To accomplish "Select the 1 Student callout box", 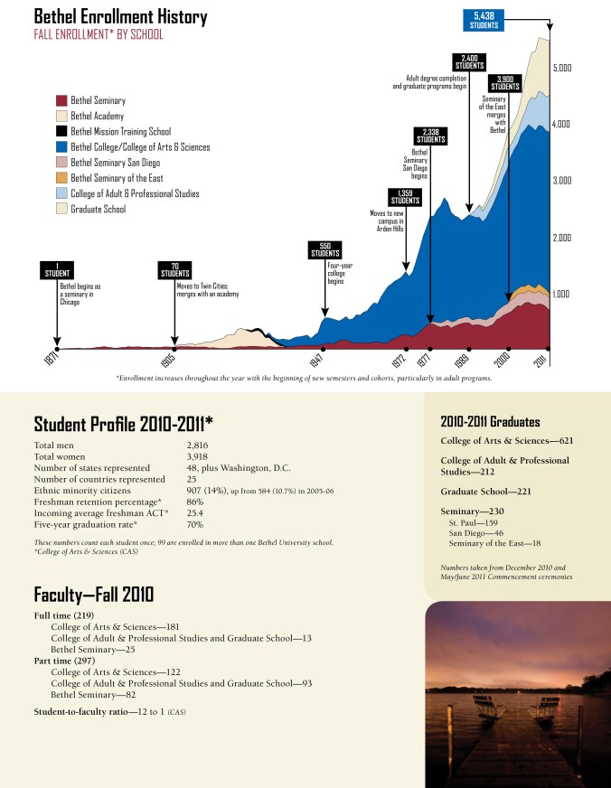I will (x=58, y=269).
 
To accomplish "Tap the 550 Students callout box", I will (x=324, y=250).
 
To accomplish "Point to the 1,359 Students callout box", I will (x=405, y=197).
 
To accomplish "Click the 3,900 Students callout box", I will (x=505, y=82).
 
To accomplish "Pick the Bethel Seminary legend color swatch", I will (x=61, y=101).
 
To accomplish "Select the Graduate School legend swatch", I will (x=61, y=209).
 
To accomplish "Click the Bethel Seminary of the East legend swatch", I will (x=61, y=178).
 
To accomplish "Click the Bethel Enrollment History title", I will (x=120, y=17).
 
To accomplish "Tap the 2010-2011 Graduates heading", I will (x=490, y=421).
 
